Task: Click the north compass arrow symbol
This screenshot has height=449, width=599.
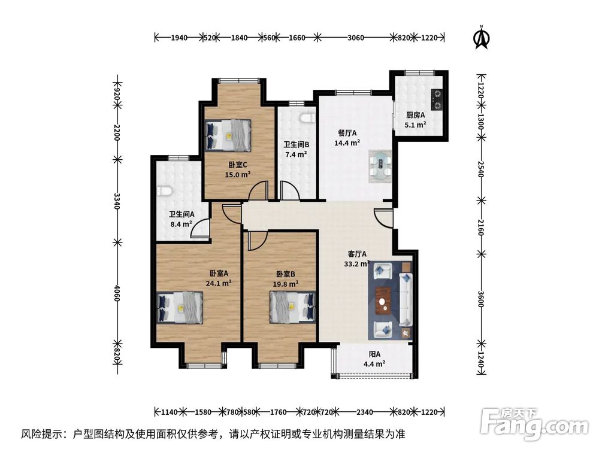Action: click(x=480, y=38)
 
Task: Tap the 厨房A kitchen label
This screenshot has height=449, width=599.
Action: click(x=415, y=116)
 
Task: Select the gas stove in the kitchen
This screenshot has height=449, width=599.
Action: click(x=437, y=100)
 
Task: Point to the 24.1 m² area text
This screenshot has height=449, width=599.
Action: click(x=219, y=284)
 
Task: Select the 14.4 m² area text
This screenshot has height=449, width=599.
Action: click(x=347, y=143)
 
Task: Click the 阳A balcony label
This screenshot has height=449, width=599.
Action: click(x=375, y=353)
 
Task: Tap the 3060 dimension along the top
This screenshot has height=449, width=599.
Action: click(x=356, y=38)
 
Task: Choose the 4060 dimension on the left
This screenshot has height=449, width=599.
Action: click(x=117, y=293)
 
